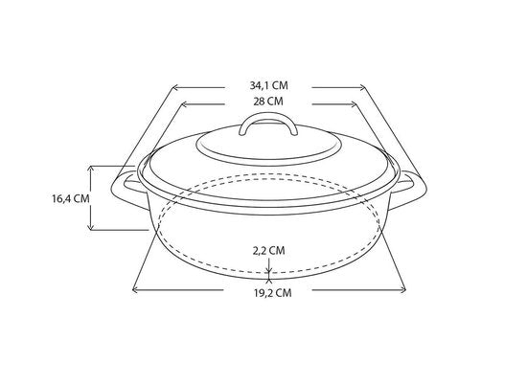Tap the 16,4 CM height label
(71, 198)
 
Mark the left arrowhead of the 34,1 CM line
(175, 86)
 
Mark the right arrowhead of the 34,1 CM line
(355, 86)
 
